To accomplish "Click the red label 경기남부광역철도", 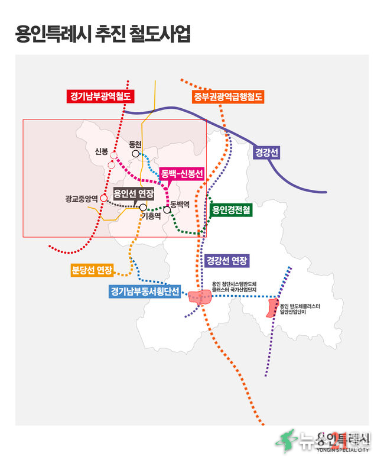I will click(x=100, y=95).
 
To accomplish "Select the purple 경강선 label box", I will click(x=266, y=152).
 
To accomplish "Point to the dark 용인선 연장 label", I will click(x=134, y=194).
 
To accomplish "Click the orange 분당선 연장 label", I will click(x=92, y=270).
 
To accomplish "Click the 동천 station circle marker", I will click(x=136, y=154).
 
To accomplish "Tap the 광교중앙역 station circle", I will click(x=103, y=198).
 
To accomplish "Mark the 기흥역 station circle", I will click(x=142, y=207).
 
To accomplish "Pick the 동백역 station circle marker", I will click(x=167, y=210).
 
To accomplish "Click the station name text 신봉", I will click(x=102, y=151).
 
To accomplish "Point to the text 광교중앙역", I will click(x=81, y=199).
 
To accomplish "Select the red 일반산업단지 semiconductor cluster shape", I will click(x=274, y=308).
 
